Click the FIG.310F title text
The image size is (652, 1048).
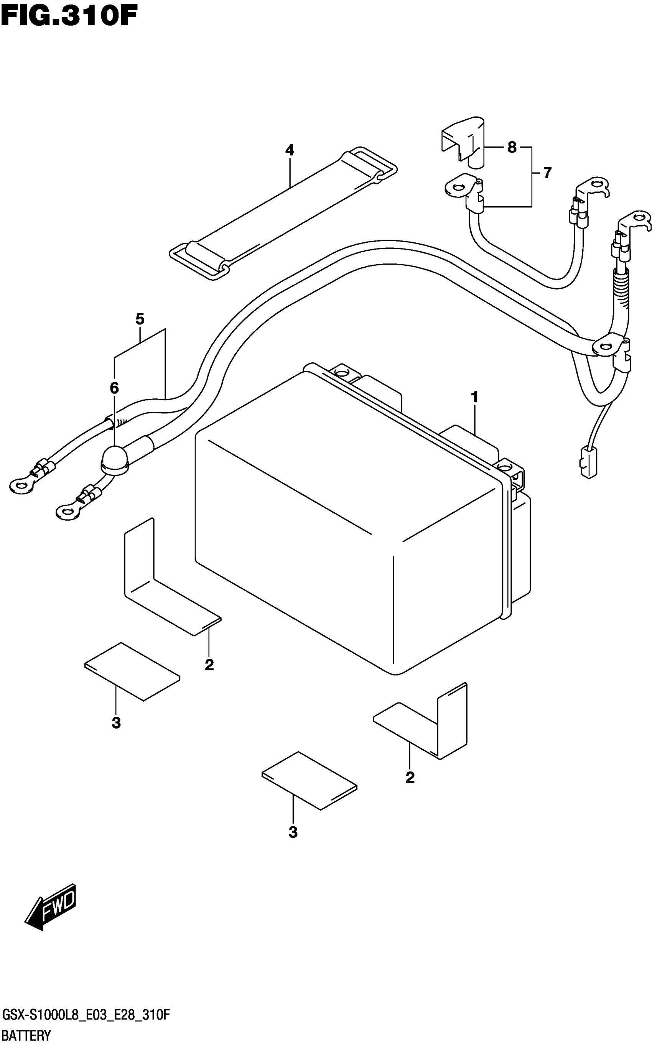pyautogui.click(x=69, y=17)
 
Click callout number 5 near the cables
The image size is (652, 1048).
pyautogui.click(x=139, y=319)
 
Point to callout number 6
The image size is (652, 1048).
pyautogui.click(x=114, y=388)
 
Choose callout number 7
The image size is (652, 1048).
pyautogui.click(x=547, y=173)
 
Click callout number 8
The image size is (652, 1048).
pyautogui.click(x=512, y=148)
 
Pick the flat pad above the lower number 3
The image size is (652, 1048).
pyautogui.click(x=309, y=780)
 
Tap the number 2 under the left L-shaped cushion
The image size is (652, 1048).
pyautogui.click(x=209, y=665)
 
